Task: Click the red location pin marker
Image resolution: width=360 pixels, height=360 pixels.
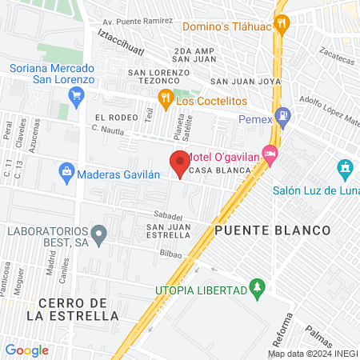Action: pos(180,162)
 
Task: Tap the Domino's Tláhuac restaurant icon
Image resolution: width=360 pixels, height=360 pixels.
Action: pos(280,24)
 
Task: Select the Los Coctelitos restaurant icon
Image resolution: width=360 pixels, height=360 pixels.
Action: pos(165,100)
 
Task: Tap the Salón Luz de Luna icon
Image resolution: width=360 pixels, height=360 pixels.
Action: pos(345,170)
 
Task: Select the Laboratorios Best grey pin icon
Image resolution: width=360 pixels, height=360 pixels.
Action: pos(98,236)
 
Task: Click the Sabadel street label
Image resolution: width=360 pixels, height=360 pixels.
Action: pos(169,216)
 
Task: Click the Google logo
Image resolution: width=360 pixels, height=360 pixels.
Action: pos(26,350)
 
